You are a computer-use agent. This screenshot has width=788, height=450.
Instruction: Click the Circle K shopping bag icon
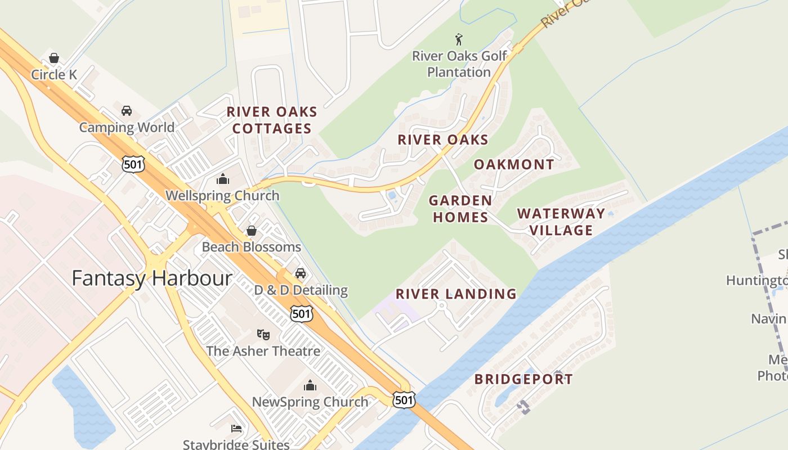[x=54, y=58]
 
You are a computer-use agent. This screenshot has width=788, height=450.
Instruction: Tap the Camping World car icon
[x=127, y=111]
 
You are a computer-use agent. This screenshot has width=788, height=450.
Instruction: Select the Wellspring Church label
[x=222, y=196]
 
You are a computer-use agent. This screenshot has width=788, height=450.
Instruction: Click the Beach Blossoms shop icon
[x=252, y=231]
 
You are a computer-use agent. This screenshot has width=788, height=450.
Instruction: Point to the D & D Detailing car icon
[x=301, y=273]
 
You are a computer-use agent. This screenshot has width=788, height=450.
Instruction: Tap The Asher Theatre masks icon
[x=263, y=334]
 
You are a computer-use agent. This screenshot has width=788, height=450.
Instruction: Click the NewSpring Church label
[x=310, y=402]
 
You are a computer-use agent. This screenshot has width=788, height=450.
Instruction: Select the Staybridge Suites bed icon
[x=236, y=429]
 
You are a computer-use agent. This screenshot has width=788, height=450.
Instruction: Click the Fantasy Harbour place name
[x=152, y=278]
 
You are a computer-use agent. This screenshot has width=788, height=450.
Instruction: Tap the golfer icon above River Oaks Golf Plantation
[x=459, y=39]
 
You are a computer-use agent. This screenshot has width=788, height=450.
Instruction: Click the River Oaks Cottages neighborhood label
[x=272, y=120]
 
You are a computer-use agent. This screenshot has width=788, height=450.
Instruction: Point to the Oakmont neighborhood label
[x=514, y=164]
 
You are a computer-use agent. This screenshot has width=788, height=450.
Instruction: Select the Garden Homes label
[x=460, y=209]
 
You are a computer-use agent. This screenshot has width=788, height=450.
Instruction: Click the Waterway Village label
[x=561, y=222]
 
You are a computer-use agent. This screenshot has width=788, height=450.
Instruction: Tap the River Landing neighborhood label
[x=456, y=294]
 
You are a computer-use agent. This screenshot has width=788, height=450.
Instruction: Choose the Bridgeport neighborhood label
[x=523, y=379]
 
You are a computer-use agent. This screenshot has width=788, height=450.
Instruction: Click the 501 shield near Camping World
[x=133, y=164]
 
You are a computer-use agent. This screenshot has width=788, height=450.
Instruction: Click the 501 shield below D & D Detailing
[x=302, y=314]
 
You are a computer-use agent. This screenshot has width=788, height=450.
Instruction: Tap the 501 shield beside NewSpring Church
[x=405, y=400]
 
